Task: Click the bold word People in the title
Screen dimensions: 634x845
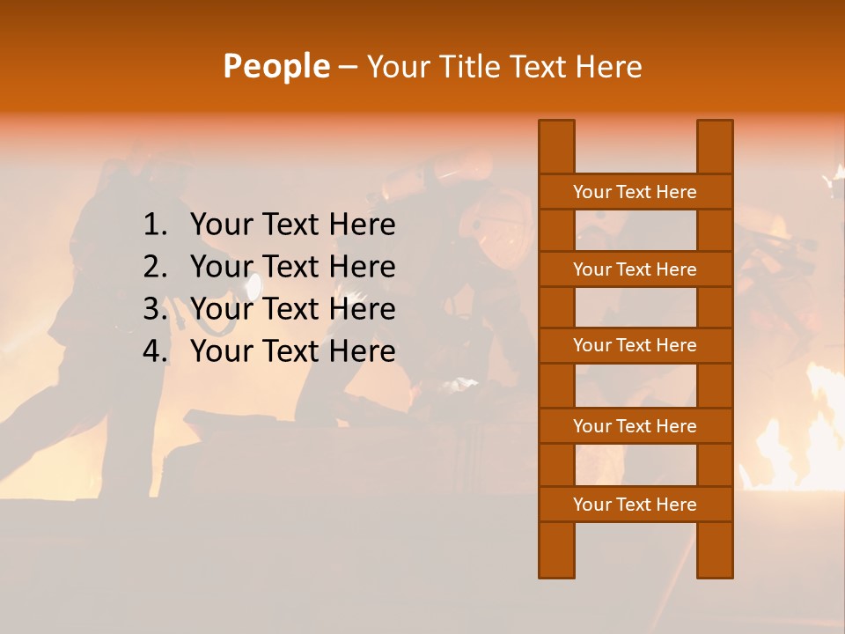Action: [276, 66]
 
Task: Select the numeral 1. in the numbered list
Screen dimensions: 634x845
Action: [155, 225]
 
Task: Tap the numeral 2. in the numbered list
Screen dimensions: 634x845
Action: [155, 267]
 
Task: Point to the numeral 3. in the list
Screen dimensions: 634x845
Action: [155, 309]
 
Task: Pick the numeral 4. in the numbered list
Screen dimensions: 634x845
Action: [155, 351]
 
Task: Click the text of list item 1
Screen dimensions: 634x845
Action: [292, 225]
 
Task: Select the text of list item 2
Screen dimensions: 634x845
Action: [292, 267]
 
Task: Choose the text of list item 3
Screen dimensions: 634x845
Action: [292, 309]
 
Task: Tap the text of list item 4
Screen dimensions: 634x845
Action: [292, 351]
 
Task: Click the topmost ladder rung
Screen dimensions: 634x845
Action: [635, 192]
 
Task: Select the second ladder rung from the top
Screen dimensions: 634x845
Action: [635, 269]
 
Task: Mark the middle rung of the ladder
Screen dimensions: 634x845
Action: [635, 346]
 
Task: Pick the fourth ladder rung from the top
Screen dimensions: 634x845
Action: [635, 426]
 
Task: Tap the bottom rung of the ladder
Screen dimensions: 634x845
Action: [635, 505]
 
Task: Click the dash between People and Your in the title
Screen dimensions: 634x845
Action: [347, 68]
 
